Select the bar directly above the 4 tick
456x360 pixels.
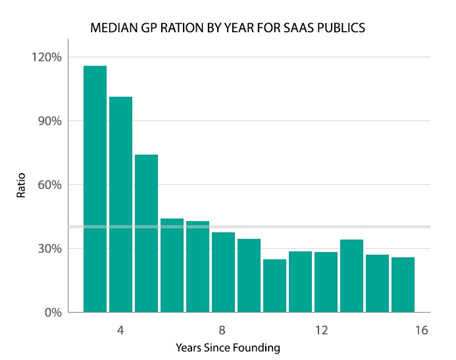[x=120, y=204]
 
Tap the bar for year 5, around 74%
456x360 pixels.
[x=146, y=233]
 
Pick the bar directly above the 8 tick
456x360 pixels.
[x=223, y=272]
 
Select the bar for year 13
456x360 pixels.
[x=351, y=276]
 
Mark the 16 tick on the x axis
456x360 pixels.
[x=422, y=329]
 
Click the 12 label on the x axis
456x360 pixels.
[x=321, y=329]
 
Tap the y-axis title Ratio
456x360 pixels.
[x=21, y=185]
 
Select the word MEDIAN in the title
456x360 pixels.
[x=112, y=29]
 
